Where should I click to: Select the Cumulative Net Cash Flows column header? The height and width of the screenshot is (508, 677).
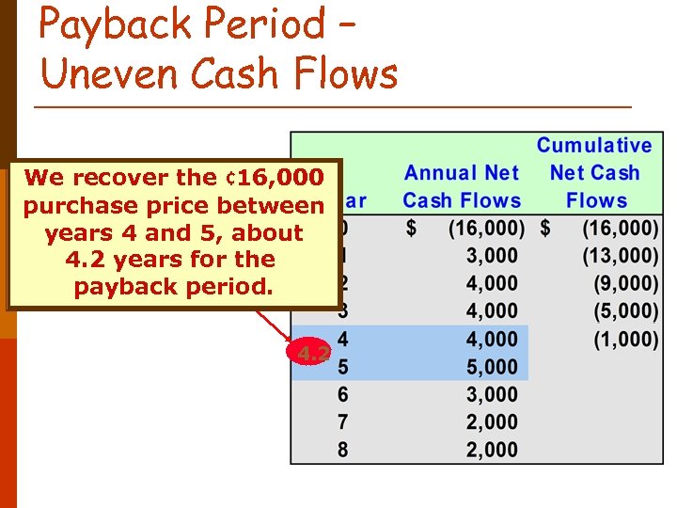click(x=593, y=173)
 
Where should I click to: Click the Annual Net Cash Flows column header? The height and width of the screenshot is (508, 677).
click(x=462, y=186)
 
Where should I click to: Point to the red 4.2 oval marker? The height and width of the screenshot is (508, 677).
click(x=310, y=354)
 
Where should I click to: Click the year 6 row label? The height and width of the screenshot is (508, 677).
click(x=342, y=394)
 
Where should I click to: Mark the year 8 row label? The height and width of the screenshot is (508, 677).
click(x=342, y=450)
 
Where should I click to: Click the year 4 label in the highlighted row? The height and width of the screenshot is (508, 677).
click(x=342, y=339)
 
